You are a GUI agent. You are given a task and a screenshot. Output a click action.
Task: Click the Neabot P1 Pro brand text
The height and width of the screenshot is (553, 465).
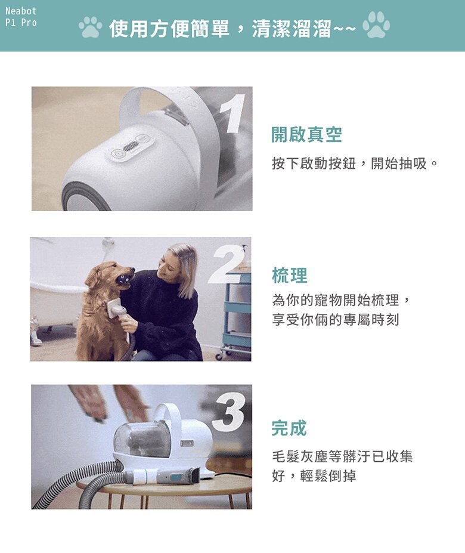click(x=21, y=17)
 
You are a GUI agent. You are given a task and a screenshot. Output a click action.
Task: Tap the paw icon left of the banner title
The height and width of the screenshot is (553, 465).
click(x=90, y=27)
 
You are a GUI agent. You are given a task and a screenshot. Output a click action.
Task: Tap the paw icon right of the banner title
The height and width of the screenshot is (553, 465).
click(x=376, y=26)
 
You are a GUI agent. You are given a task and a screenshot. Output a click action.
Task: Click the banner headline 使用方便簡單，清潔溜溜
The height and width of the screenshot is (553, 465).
click(x=232, y=28)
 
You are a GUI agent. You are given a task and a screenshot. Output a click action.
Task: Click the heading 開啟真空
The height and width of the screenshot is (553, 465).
click(x=306, y=135)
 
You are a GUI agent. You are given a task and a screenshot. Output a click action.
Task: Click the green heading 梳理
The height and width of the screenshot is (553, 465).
click(x=289, y=276)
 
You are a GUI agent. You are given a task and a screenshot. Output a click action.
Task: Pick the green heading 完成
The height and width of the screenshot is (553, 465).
click(x=289, y=428)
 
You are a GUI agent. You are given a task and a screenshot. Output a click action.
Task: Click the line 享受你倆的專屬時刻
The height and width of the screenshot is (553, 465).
click(x=335, y=320)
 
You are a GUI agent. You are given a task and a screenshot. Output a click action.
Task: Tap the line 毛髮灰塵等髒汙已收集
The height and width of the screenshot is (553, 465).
click(x=342, y=457)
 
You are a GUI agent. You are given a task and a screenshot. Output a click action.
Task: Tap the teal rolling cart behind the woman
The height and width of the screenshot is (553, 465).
click(x=236, y=310)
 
